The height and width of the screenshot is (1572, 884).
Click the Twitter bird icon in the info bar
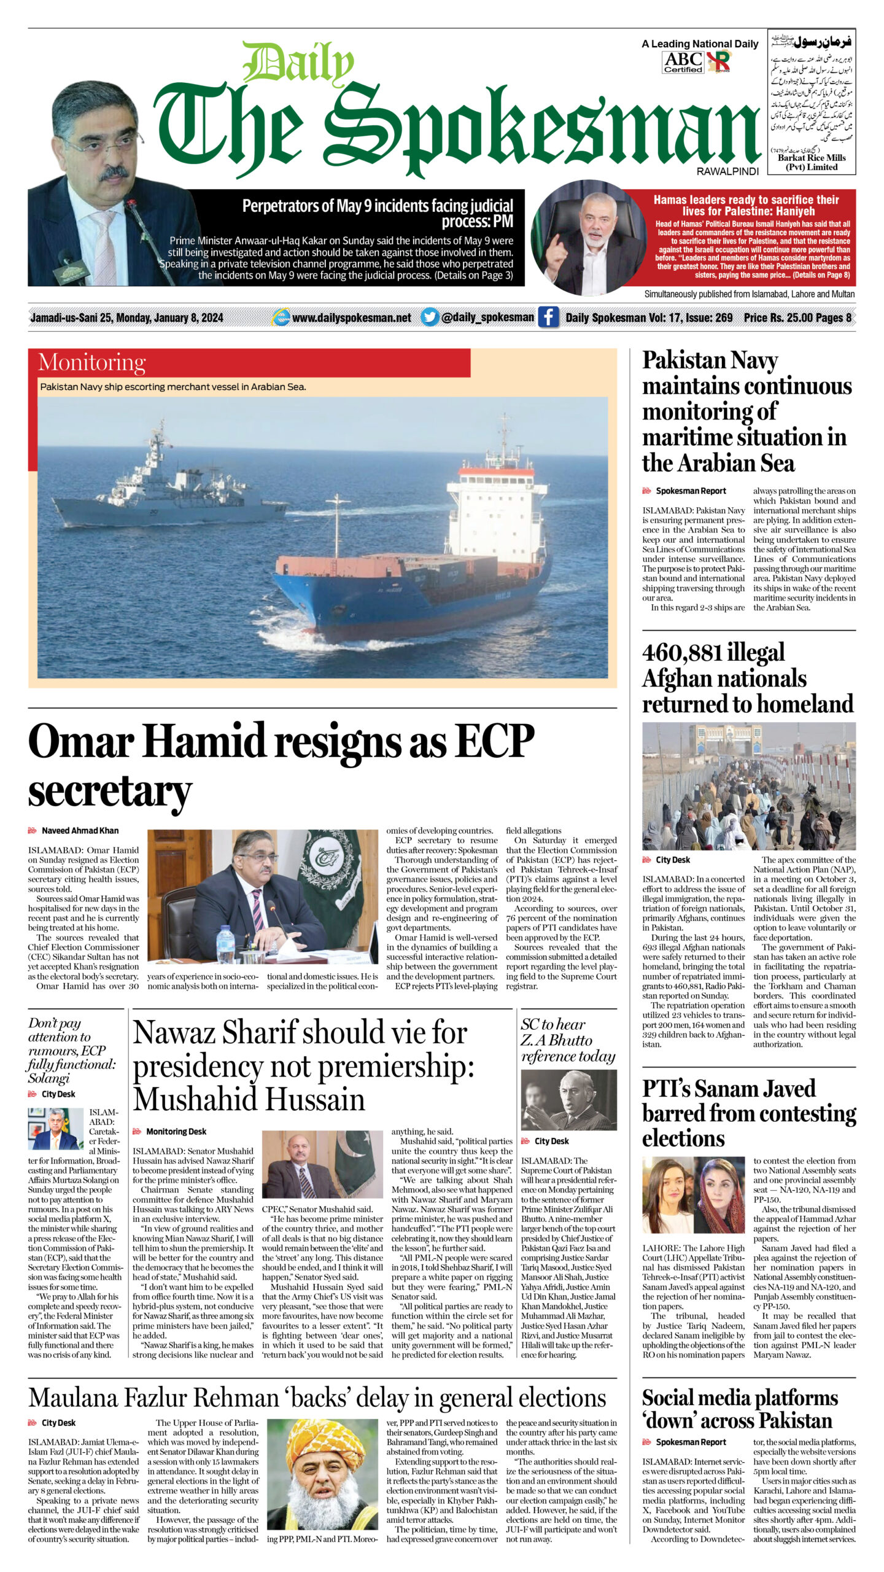[430, 317]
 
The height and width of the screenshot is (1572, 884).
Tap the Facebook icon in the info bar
[548, 317]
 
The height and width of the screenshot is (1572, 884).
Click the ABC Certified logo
[683, 62]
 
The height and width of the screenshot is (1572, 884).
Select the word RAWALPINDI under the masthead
[727, 172]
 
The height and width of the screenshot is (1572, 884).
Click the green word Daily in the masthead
[298, 63]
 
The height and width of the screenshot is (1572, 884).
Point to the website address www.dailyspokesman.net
[351, 317]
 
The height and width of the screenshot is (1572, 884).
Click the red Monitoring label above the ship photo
[92, 363]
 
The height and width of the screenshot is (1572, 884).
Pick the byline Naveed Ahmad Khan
[80, 830]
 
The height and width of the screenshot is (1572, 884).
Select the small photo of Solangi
[55, 1129]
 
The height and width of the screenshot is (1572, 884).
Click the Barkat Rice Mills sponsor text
[812, 162]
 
